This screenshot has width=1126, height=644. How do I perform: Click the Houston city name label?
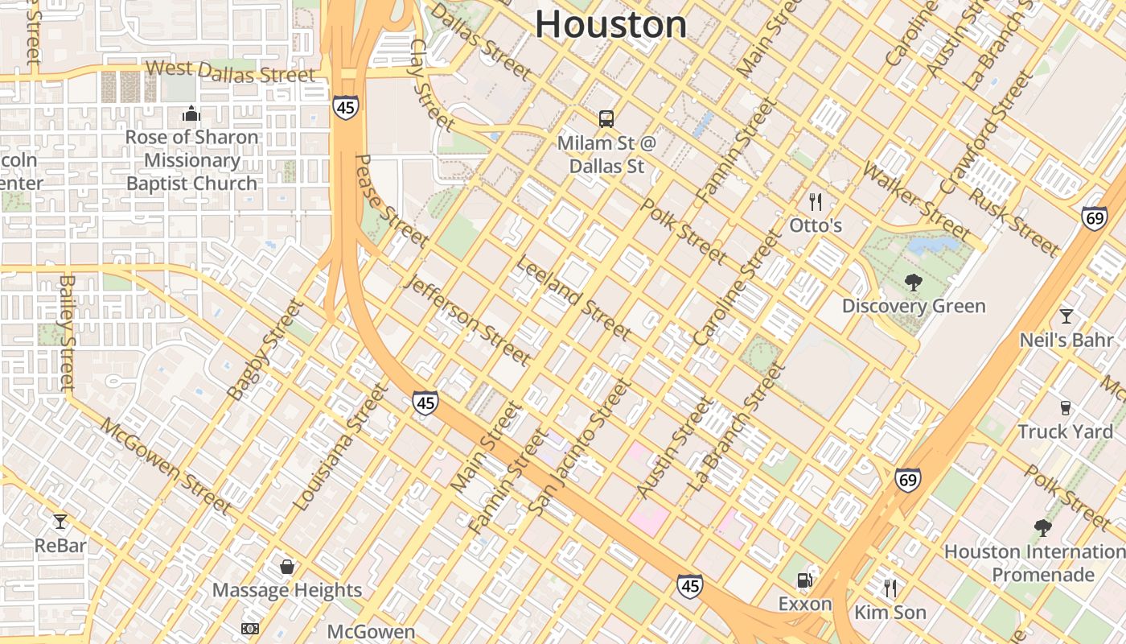point(610,24)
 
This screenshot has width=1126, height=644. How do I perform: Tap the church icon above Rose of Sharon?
point(191,114)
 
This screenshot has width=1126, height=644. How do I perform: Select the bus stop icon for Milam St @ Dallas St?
point(606,119)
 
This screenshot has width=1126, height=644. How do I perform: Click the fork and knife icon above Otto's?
point(816,201)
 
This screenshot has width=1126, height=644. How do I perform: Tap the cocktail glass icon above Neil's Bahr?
point(1066,316)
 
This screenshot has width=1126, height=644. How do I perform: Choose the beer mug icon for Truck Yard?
point(1066,408)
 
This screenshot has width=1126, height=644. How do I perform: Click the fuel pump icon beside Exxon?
point(803,580)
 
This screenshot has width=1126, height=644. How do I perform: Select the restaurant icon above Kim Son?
point(890,588)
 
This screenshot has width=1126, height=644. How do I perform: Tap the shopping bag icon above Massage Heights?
point(287,567)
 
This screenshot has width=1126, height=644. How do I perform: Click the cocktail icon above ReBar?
point(60,522)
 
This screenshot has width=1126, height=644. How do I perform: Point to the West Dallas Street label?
point(231,72)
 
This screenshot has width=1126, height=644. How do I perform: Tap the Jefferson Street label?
point(469,320)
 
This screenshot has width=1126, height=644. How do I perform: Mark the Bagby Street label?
point(265,351)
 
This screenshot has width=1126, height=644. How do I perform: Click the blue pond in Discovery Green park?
point(933,244)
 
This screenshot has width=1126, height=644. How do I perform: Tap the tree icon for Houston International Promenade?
point(1043,528)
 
